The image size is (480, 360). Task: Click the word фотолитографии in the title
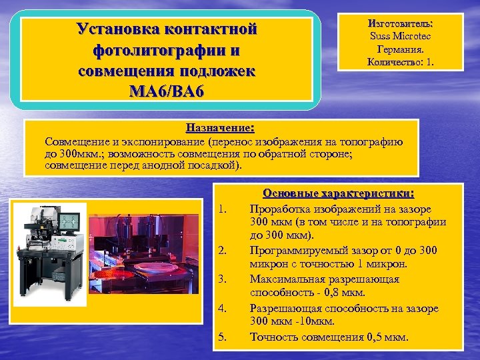click(167, 50)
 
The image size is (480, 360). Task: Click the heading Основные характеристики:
click(339, 193)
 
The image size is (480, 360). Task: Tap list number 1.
click(223, 211)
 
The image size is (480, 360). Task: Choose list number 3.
click(223, 279)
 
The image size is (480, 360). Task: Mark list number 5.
click(223, 337)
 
